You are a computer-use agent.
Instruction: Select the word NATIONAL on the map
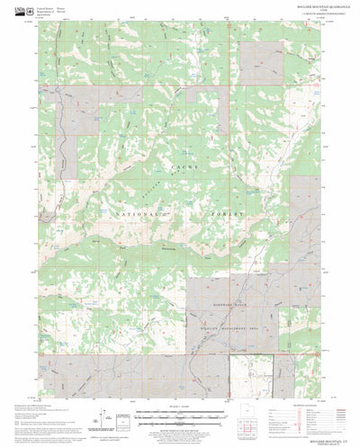[x=132, y=192]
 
